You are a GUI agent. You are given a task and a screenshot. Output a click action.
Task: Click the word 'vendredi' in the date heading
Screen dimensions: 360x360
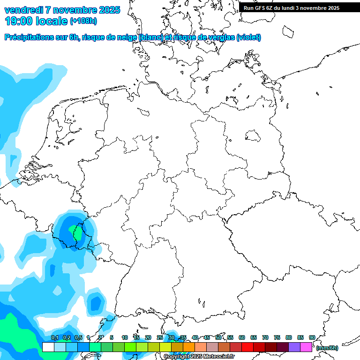[x=23, y=10]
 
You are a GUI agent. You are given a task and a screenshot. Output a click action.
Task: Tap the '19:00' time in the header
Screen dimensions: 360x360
[x=19, y=21]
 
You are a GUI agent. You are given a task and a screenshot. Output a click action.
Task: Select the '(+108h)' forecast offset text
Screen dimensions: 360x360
[x=83, y=22]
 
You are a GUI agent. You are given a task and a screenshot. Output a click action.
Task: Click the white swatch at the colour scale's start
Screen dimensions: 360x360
[x=48, y=347]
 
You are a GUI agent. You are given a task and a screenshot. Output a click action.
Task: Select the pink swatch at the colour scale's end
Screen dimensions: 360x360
[x=306, y=347]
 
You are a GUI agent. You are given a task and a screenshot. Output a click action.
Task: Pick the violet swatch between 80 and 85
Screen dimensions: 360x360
[x=294, y=347]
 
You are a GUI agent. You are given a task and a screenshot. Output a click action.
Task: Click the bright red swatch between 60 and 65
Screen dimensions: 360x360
[x=247, y=347]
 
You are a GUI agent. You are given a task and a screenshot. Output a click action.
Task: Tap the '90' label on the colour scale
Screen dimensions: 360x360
[x=312, y=337]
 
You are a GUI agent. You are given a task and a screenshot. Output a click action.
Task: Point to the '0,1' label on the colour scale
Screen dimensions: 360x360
[x=55, y=337]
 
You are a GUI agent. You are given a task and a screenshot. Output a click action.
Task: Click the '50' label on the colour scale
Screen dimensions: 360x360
[x=218, y=337]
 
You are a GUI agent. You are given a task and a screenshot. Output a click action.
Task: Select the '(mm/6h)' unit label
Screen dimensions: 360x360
[x=327, y=348]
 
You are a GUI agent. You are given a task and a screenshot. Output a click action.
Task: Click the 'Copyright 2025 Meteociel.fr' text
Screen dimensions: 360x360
[x=199, y=357]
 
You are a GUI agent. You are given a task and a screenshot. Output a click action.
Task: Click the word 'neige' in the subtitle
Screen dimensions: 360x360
[x=127, y=37]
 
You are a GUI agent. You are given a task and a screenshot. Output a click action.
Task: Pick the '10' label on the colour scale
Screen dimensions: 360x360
[x=125, y=337]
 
